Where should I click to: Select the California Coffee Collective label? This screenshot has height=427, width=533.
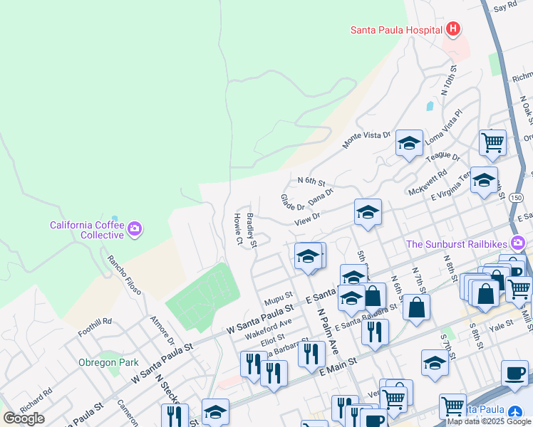pos(86,230)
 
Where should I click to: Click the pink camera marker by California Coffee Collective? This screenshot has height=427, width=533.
pos(135,229)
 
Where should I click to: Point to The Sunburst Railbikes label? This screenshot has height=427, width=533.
pos(457,244)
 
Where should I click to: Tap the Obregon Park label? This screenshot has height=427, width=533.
pos(109,362)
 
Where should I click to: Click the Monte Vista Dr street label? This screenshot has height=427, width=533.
pos(367,139)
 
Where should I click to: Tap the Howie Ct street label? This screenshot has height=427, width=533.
pos(239,228)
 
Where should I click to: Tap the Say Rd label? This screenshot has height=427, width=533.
pos(504,6)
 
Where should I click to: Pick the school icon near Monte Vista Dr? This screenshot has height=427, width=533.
pos(410,142)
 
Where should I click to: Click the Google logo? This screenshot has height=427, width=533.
pos(24,418)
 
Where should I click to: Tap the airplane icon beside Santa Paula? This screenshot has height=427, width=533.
pos(517,411)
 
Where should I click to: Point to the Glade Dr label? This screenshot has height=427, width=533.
pos(292,202)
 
